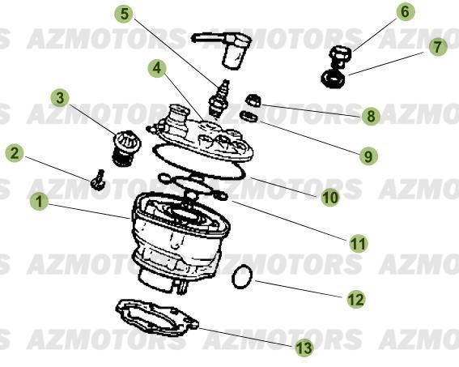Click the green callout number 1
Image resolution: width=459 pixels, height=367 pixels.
[x=39, y=201]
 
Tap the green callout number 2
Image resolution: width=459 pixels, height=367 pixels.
[x=15, y=153]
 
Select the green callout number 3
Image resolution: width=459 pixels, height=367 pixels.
[x=60, y=97]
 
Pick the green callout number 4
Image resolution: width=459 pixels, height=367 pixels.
[x=157, y=68]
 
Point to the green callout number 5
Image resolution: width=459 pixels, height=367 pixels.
[x=124, y=14]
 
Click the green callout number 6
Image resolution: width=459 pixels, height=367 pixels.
[x=405, y=11]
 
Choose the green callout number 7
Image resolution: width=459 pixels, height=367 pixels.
[x=438, y=47]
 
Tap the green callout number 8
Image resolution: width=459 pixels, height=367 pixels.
[x=371, y=117]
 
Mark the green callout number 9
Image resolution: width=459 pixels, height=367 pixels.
[x=368, y=156]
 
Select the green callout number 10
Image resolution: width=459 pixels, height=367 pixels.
[x=330, y=198]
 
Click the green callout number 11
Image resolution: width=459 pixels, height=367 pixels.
[x=359, y=244]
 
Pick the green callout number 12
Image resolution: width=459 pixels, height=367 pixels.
[x=356, y=299]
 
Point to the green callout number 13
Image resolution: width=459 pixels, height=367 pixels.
[x=304, y=348]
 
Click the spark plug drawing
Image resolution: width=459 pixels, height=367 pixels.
[x=219, y=99]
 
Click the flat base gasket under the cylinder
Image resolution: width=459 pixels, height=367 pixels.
[x=157, y=318]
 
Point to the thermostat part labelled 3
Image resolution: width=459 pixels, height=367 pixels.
[x=126, y=149]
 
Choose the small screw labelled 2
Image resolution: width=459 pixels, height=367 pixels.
[x=98, y=180]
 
